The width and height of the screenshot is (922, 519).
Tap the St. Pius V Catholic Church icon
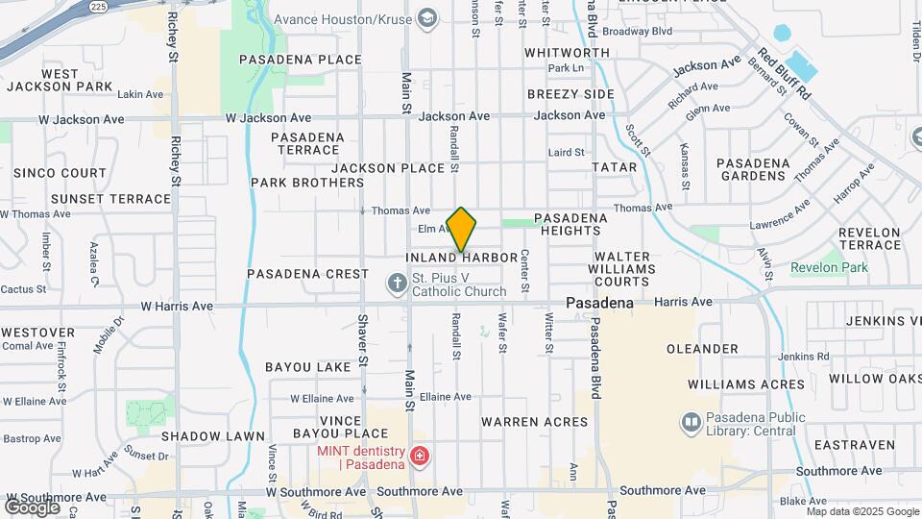pyautogui.click(x=397, y=284)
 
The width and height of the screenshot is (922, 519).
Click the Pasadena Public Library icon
pyautogui.click(x=691, y=422)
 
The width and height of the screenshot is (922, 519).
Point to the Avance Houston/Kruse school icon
pyautogui.click(x=426, y=18)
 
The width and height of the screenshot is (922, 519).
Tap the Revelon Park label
pyautogui.click(x=829, y=267)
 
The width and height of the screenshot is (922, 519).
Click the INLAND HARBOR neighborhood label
pyautogui.click(x=455, y=258)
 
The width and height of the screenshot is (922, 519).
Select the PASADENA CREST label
pyautogui.click(x=307, y=274)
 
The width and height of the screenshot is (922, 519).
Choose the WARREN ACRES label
pyautogui.click(x=534, y=422)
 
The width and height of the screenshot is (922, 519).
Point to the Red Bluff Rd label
pyautogui.click(x=785, y=73)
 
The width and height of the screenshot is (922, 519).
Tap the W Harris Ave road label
pyautogui.click(x=177, y=307)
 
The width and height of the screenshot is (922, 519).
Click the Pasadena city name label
pyautogui.click(x=599, y=303)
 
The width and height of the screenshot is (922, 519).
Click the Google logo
pyautogui.click(x=31, y=507)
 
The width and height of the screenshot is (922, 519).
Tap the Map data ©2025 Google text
pyautogui.click(x=862, y=511)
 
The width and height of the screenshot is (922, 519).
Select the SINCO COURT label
pyautogui.click(x=60, y=173)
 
